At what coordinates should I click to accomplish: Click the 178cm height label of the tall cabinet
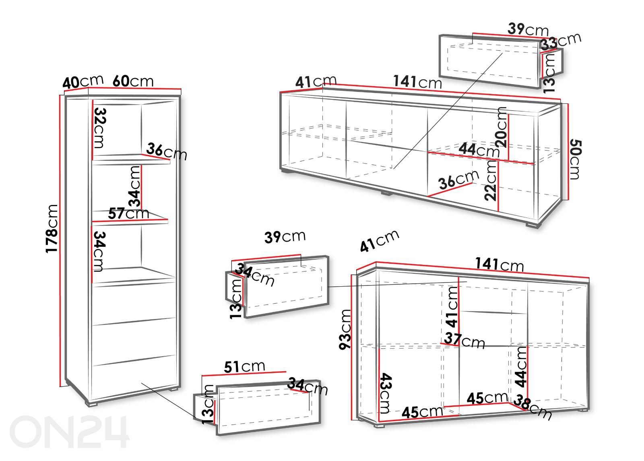point(52,229)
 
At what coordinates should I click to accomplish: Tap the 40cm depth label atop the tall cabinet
point(83,82)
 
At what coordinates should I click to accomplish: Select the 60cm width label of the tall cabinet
point(133,81)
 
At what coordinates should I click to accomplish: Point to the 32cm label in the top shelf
point(99,128)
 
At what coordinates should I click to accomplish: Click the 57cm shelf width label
point(128,213)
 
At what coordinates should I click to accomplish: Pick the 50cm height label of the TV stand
point(575,159)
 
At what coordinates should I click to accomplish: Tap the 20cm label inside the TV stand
point(501,127)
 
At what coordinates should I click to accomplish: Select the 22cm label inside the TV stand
point(491,181)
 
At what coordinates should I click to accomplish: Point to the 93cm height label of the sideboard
point(345,329)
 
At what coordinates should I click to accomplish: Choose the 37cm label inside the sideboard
point(464,341)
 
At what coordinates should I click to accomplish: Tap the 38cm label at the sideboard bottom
point(533,407)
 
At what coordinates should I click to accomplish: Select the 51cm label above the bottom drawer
point(244,367)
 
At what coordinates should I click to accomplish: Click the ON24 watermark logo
point(69,432)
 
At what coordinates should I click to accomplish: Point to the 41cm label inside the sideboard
point(452,307)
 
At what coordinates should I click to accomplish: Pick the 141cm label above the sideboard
point(499,264)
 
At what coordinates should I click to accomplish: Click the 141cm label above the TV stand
point(417,82)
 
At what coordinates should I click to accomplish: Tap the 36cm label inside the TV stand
point(459,179)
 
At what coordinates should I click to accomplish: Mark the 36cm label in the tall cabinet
point(167,151)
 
